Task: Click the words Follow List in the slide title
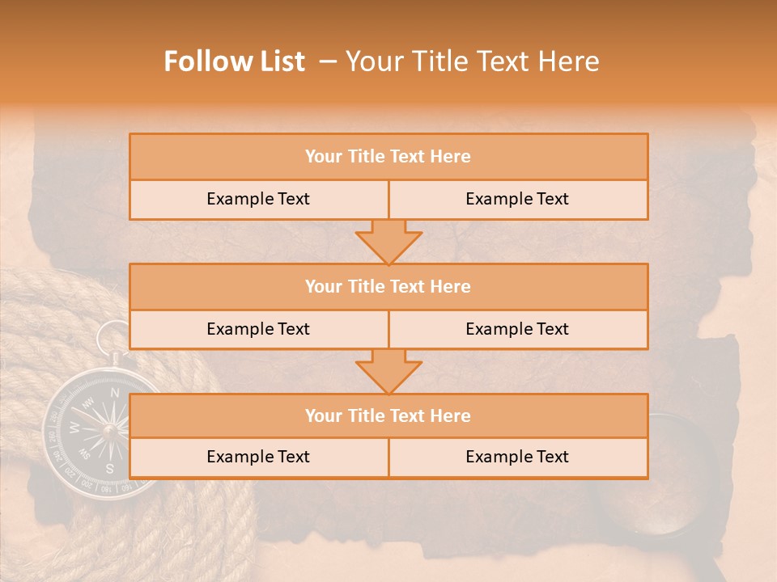coord(235,61)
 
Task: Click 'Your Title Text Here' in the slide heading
coord(472,61)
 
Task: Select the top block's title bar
coord(388,157)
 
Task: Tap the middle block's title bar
coord(388,287)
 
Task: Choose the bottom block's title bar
coord(388,416)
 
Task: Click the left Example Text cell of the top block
coord(259,200)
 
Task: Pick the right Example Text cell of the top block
coord(518,200)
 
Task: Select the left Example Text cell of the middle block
coord(259,330)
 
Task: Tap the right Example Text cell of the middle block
coord(518,330)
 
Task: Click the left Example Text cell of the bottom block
coord(259,458)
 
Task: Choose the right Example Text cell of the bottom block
coord(518,458)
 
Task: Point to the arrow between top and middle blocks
coord(388,241)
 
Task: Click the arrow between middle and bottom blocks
coord(388,371)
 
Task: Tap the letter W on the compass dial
coord(74,427)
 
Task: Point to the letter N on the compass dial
coord(115,394)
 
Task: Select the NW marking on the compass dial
coord(89,402)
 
